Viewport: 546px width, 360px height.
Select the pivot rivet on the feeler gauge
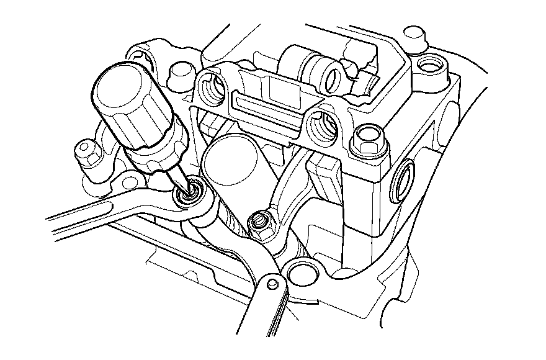point(272,284)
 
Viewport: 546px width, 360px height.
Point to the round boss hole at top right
point(427,64)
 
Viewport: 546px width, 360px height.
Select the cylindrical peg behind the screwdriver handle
point(181,71)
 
